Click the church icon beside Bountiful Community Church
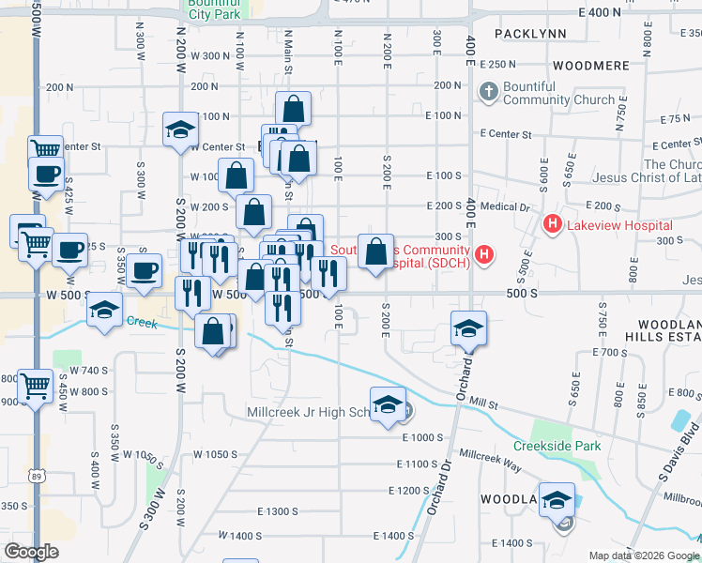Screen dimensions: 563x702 487,92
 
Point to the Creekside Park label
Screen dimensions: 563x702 557,446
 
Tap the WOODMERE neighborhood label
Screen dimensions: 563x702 590,66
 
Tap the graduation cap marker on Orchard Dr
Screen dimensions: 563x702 468,329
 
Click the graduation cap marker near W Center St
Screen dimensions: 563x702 180,131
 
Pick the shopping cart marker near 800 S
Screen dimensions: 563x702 36,385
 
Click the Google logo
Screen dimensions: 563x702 32,552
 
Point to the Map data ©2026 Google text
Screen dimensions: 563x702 644,555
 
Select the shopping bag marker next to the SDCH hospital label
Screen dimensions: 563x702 375,252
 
